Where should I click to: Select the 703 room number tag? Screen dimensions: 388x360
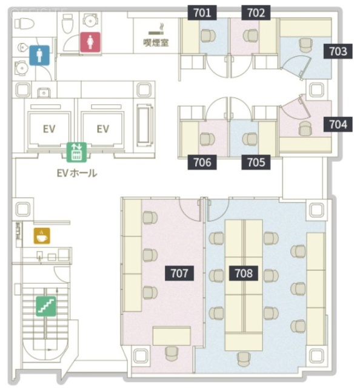[338, 52]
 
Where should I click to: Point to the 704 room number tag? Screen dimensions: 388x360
[338, 125]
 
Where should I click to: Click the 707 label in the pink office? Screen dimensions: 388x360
[179, 273]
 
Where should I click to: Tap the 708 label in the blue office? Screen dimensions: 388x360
[244, 273]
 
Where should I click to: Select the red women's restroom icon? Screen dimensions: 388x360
[90, 42]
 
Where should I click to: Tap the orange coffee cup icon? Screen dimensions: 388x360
[41, 235]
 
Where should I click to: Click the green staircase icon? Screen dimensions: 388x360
[45, 304]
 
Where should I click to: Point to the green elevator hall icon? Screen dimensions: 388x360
[77, 152]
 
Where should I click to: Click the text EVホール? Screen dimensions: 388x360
[76, 173]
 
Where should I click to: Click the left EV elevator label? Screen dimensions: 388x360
[50, 129]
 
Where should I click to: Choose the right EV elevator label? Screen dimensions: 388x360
[102, 129]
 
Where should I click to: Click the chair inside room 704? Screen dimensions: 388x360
[305, 128]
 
